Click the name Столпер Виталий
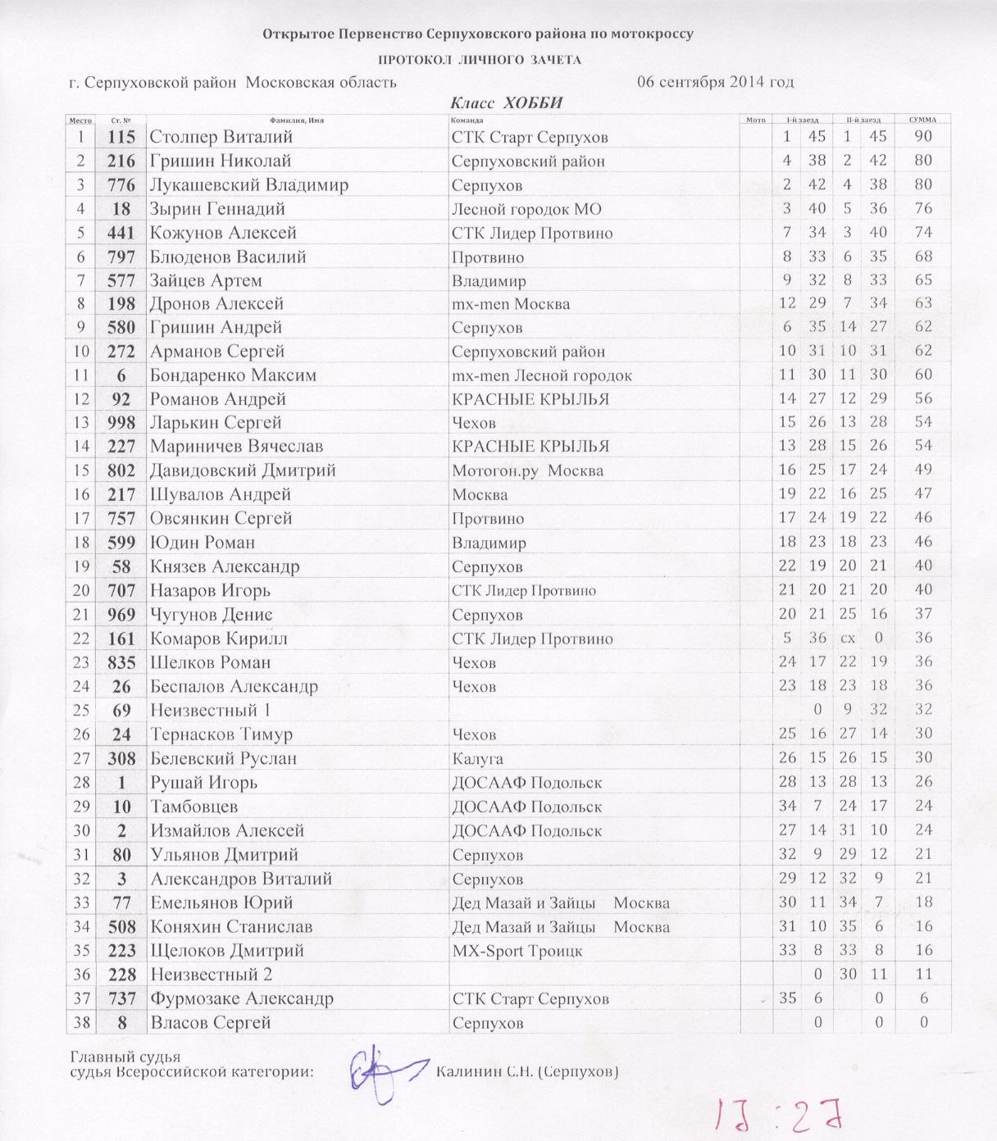tap(221, 137)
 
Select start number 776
tap(121, 184)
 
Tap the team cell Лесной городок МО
tap(526, 209)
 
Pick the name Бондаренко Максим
tap(233, 375)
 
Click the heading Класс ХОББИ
tap(507, 103)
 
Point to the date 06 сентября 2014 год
tap(715, 82)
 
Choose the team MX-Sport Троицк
tap(517, 951)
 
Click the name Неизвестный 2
tap(211, 975)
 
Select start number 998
tap(121, 423)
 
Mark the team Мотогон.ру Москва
tap(527, 471)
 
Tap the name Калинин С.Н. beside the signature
tap(526, 1071)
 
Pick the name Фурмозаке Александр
tap(241, 998)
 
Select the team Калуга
tap(477, 759)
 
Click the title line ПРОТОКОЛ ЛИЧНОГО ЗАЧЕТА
tap(479, 59)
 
